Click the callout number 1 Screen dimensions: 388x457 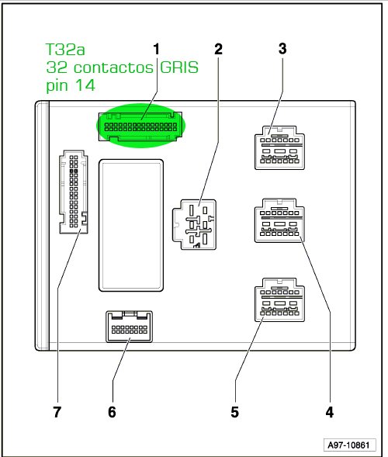(157, 49)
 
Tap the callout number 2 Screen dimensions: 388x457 (218, 49)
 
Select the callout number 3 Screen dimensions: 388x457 (282, 49)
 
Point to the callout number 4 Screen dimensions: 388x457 (329, 412)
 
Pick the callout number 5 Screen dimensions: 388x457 (234, 412)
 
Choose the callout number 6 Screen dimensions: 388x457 (112, 412)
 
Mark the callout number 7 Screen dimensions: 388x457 (57, 412)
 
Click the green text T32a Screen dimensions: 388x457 (65, 49)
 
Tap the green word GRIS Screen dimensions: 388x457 (179, 68)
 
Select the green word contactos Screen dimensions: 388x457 (113, 68)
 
